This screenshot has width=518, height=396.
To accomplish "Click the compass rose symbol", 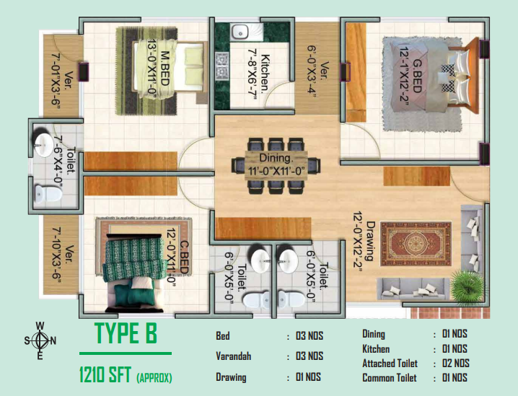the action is [x=40, y=340].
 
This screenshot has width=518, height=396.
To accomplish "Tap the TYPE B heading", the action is [x=126, y=333].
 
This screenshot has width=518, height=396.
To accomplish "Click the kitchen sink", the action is [x=240, y=32].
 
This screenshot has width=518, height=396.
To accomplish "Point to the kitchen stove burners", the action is [x=222, y=66].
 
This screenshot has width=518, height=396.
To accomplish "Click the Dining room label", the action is [x=276, y=157].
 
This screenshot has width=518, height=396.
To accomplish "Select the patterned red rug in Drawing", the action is [x=416, y=244].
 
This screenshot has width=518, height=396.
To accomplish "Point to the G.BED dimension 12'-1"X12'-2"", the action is [x=404, y=76].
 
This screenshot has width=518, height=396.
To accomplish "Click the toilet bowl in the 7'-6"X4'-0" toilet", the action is [x=48, y=194].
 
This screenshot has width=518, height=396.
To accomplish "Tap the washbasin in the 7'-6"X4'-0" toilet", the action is [x=43, y=144].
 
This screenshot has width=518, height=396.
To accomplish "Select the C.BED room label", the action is [x=184, y=258].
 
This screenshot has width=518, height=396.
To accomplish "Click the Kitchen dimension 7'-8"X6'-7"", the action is [x=253, y=74].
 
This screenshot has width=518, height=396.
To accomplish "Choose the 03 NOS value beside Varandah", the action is [x=310, y=356].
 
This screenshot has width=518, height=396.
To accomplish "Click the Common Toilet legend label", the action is [x=390, y=378].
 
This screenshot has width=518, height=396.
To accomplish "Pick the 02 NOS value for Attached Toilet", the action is [x=455, y=364].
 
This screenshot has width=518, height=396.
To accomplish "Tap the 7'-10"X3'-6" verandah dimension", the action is [x=57, y=255].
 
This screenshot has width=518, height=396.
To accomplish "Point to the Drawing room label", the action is [x=370, y=241].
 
